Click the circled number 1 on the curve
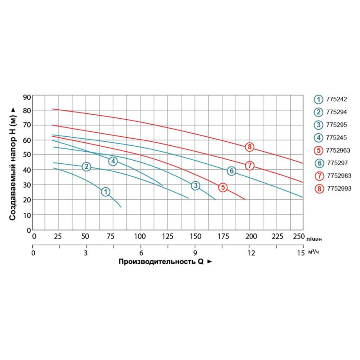coord(105,192)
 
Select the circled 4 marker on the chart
coord(113,161)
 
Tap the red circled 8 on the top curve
coord(250,147)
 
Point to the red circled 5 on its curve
coord(223,187)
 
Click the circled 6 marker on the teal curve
coord(231,171)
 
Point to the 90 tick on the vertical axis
coord(27,97)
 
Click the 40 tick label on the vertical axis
coord(27,170)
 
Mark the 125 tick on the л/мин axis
coord(167,236)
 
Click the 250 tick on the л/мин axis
coord(298,236)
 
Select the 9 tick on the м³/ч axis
coord(195,253)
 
